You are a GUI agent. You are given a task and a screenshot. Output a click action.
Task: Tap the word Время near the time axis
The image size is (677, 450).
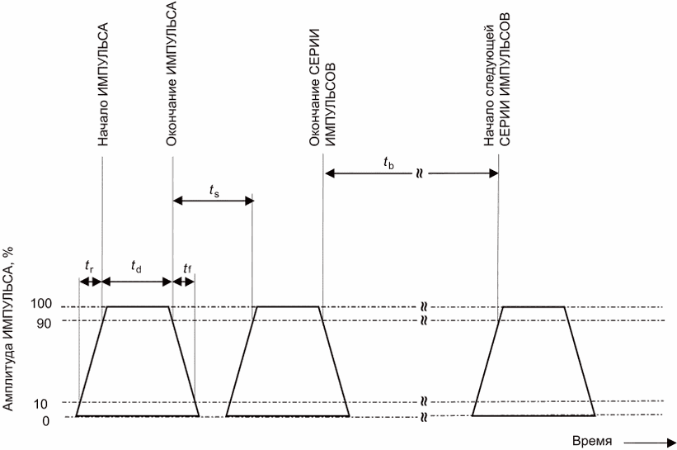click(592, 441)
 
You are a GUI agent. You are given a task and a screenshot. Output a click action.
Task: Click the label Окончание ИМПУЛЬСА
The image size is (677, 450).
click(172, 74)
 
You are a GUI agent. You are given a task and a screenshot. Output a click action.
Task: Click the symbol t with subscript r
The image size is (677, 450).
click(89, 265)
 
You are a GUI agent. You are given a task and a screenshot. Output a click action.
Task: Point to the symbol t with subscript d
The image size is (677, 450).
click(136, 265)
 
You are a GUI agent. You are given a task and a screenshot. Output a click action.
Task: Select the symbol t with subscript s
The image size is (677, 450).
click(214, 192)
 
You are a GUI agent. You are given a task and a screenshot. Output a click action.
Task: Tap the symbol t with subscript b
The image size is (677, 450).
click(389, 164)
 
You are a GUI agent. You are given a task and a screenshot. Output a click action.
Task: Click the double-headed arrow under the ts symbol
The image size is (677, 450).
click(213, 201)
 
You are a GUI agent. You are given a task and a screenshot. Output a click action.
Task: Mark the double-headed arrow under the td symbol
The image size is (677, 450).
click(137, 281)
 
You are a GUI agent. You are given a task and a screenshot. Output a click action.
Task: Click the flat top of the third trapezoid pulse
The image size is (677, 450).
click(534, 306)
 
